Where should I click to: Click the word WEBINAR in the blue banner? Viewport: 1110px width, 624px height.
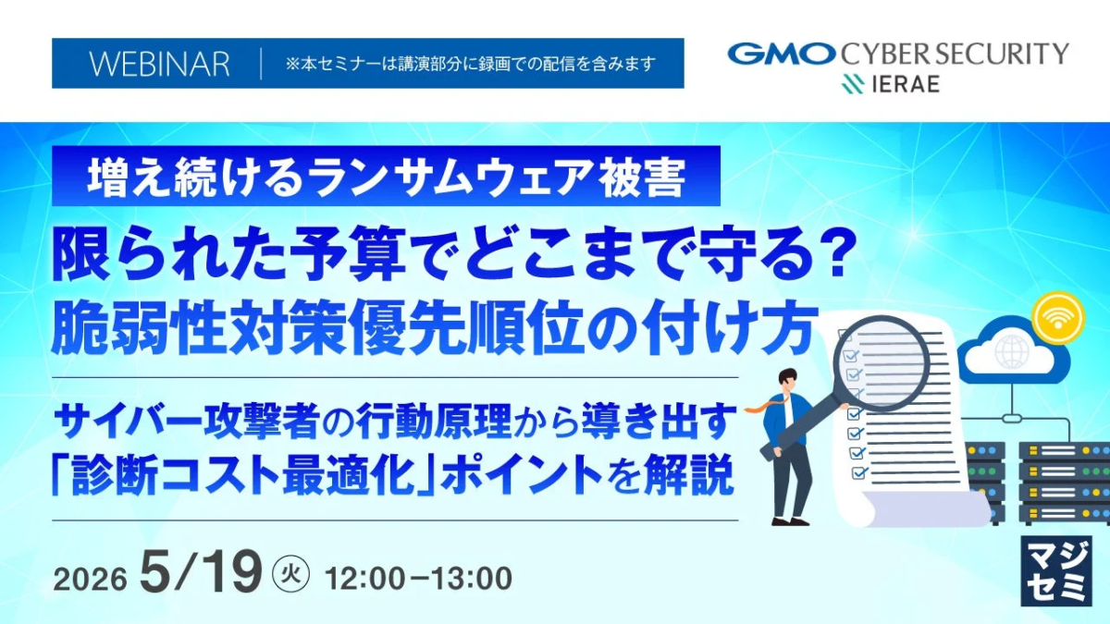159,64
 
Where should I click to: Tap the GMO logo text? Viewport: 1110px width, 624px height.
780,54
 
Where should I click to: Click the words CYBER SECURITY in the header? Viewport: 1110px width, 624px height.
954,54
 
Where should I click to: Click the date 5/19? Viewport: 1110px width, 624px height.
201,575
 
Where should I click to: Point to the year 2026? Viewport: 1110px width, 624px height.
90,580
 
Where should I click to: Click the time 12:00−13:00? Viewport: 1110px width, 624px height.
419,579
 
